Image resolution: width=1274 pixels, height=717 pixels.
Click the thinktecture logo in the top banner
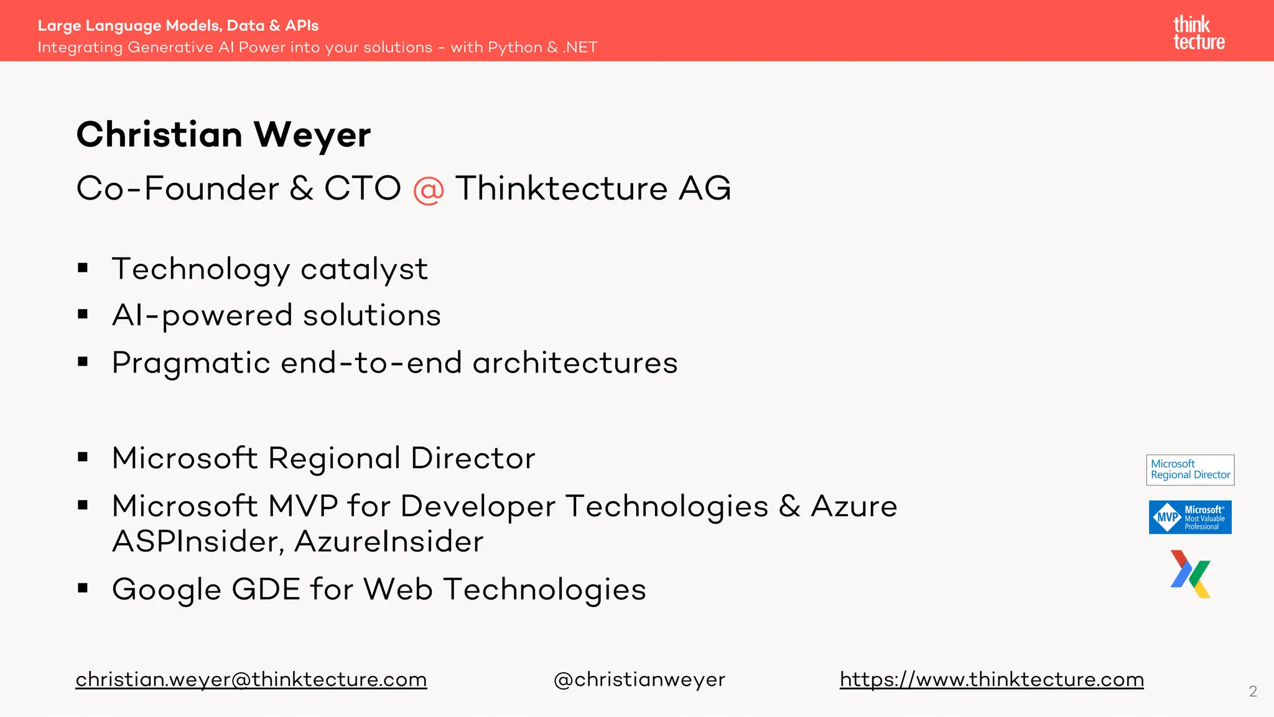click(x=1199, y=33)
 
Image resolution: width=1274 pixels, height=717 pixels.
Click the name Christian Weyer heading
click(x=223, y=134)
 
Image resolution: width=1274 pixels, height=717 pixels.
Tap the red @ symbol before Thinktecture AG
click(x=428, y=189)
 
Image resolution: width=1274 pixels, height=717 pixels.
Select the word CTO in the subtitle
click(x=362, y=188)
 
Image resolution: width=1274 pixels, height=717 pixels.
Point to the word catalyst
click(x=364, y=269)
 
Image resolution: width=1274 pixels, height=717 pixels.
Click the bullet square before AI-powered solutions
click(x=83, y=315)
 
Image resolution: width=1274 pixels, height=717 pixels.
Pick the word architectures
click(x=575, y=363)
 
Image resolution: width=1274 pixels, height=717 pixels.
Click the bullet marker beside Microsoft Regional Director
click(x=83, y=458)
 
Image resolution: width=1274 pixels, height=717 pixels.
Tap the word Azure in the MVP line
click(x=853, y=506)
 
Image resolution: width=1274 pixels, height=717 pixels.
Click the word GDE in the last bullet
click(x=266, y=589)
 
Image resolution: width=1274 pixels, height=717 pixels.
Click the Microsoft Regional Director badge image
click(x=1190, y=470)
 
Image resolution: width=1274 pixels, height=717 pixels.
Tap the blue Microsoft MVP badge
click(x=1190, y=517)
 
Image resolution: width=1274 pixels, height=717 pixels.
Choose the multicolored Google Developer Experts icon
click(x=1190, y=574)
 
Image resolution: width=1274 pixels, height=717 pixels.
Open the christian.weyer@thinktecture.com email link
click(x=251, y=679)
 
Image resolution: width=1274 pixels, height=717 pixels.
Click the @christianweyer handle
click(x=639, y=679)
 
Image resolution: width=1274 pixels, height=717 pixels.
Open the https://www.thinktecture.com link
click(x=992, y=679)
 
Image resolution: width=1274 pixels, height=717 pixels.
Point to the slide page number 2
click(x=1253, y=691)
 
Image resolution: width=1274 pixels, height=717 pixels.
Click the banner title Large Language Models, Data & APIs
click(x=178, y=25)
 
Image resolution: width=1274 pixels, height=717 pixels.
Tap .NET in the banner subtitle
click(x=580, y=47)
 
